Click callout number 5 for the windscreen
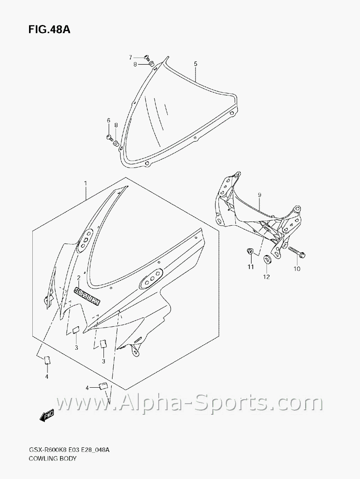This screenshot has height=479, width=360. click(196, 63)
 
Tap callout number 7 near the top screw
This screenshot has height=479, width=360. click(131, 57)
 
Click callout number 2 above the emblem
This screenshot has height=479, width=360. click(78, 278)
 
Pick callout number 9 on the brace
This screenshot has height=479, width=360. click(259, 195)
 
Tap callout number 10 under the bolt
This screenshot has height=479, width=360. click(297, 269)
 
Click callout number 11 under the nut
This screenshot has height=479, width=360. click(250, 267)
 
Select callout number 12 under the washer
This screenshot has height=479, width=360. click(266, 277)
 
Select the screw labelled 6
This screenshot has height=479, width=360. click(109, 138)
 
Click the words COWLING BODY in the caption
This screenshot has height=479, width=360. click(52, 459)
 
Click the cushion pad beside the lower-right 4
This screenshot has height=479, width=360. click(103, 385)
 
